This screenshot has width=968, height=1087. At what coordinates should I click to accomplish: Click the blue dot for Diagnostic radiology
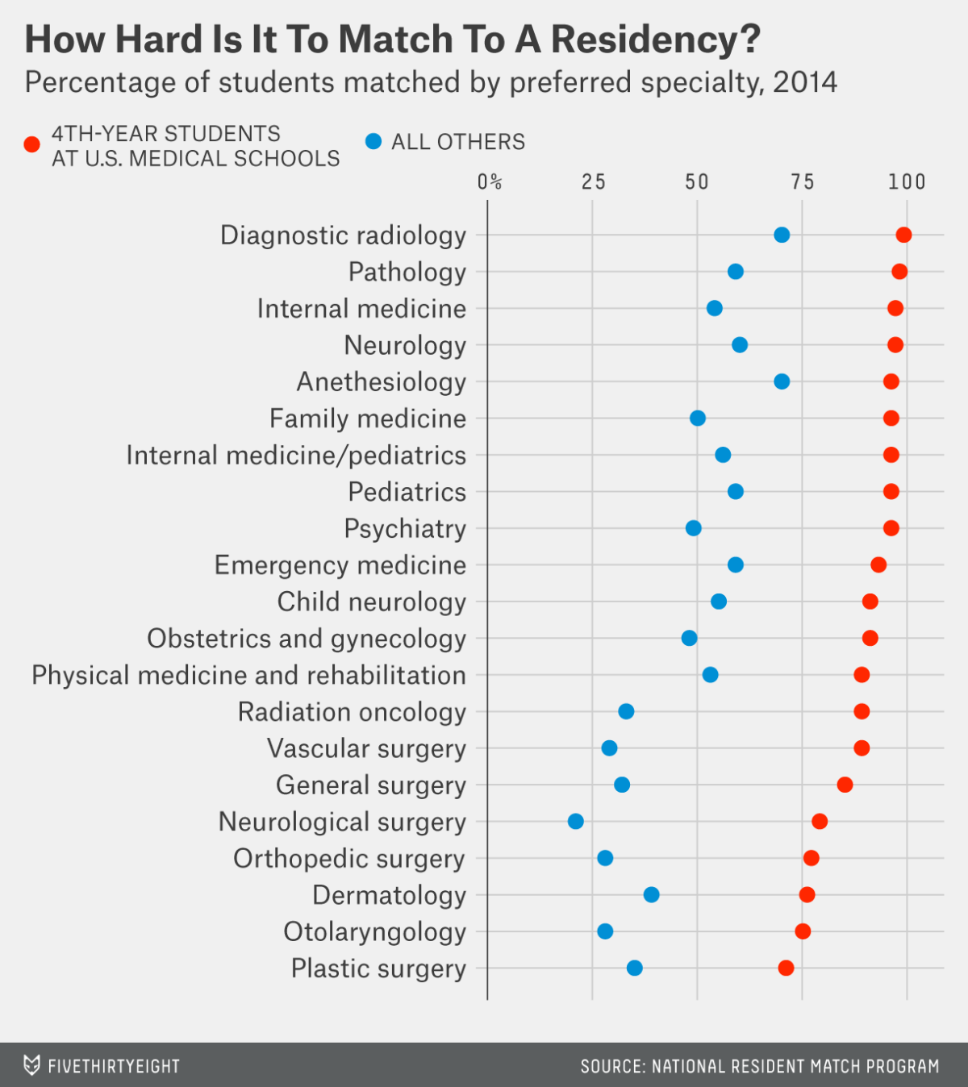pos(782,235)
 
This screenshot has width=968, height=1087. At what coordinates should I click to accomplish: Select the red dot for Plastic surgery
pos(786,968)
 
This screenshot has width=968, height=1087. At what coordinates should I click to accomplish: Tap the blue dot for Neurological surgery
pos(575,822)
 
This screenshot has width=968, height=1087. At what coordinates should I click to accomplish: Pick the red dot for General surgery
pos(845,785)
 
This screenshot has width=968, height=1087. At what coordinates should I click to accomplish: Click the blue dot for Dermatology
pos(651,894)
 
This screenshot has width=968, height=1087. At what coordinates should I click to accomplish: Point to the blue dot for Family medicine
pos(698,419)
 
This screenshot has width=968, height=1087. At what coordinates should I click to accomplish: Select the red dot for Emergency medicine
pos(878,564)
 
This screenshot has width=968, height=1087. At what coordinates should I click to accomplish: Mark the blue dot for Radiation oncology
pos(626,711)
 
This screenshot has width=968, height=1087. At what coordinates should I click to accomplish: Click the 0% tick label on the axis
pos(489,182)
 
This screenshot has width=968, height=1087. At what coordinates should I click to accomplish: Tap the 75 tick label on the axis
pos(802,182)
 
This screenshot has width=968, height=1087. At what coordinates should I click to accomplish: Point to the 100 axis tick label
pos(907,182)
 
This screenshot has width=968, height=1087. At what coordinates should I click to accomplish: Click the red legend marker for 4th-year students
pos(32,145)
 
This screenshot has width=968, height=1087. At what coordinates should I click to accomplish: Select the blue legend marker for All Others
pos(373,142)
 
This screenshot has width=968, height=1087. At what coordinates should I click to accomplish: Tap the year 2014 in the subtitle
pos(804,82)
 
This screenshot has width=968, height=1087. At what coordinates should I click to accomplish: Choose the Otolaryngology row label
pos(374,932)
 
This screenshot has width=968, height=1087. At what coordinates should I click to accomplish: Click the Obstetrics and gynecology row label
pos(307,639)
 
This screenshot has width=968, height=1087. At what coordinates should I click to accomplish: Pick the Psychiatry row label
pos(405,529)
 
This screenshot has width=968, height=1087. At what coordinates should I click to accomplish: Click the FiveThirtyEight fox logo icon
pos(31,1065)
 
